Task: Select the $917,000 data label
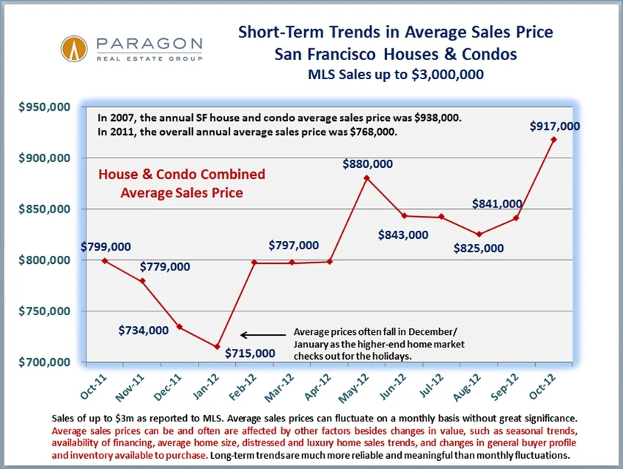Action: point(554,126)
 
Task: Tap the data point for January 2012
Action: point(216,347)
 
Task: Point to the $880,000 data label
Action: point(367,163)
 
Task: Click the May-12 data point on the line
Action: point(366,177)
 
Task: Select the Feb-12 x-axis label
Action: point(248,384)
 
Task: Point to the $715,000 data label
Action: point(250,353)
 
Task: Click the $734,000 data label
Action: point(143,330)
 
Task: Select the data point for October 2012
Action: point(553,139)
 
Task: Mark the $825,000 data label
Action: point(479,248)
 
